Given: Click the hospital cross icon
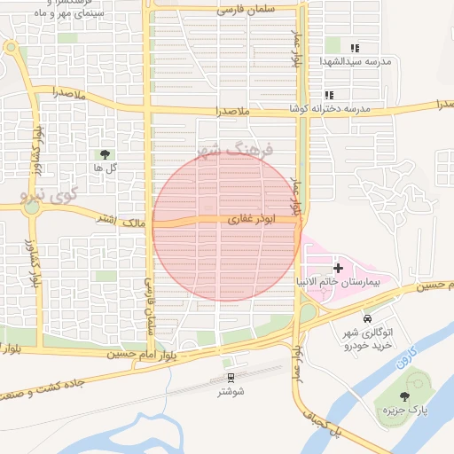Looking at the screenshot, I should tap(338, 267).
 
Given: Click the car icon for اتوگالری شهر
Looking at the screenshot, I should tap(367, 317).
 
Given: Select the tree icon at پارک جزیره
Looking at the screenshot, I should tap(405, 396).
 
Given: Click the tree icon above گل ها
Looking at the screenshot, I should tap(106, 154).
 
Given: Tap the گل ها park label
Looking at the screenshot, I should tap(106, 167).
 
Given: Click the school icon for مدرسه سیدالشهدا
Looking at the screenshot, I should tap(355, 48).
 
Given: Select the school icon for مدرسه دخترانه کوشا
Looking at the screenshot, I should tap(329, 95).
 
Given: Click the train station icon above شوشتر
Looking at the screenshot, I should tap(231, 362).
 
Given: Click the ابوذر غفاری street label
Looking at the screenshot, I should tap(243, 218).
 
